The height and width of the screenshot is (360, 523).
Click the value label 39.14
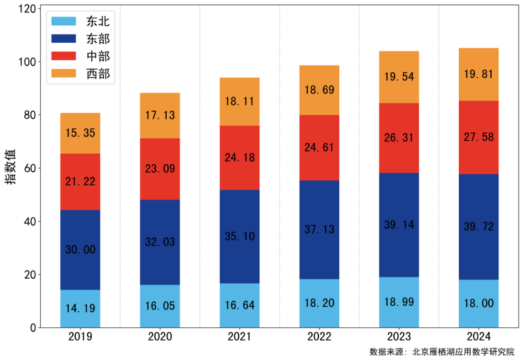(398, 224)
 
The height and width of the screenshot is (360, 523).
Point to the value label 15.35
(80, 133)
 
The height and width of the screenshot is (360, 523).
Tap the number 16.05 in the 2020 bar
(160, 307)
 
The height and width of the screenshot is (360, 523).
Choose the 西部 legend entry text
(98, 74)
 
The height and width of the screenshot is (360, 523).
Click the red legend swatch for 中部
(64, 56)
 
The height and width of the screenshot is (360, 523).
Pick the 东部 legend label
(98, 39)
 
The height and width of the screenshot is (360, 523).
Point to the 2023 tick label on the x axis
(398, 337)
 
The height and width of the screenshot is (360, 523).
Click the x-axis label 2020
(160, 337)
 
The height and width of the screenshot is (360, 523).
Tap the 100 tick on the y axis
(26, 62)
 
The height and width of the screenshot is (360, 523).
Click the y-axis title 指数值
(11, 167)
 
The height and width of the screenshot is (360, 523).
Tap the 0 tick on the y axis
(32, 327)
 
